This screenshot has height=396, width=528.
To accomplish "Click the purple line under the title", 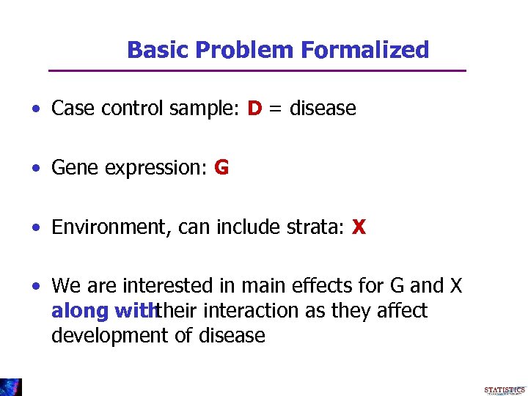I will click(x=257, y=70).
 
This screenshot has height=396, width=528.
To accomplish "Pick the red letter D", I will click(x=254, y=109).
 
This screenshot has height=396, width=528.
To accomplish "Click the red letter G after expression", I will click(x=221, y=168).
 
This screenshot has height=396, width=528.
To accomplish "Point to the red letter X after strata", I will click(x=359, y=227).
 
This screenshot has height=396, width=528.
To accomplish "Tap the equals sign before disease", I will click(x=276, y=109).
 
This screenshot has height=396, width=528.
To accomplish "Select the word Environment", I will click(x=108, y=227).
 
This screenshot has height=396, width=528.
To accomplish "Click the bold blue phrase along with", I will click(x=103, y=311).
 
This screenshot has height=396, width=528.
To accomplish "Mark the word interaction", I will click(x=253, y=311).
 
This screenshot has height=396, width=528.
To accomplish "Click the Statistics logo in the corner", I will click(x=505, y=390).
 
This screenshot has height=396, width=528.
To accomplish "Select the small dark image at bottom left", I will click(x=10, y=387).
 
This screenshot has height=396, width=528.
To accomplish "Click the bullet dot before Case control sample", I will click(x=36, y=109).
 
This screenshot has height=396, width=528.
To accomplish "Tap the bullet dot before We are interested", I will click(x=36, y=286).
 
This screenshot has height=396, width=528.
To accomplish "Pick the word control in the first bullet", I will click(x=133, y=109).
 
